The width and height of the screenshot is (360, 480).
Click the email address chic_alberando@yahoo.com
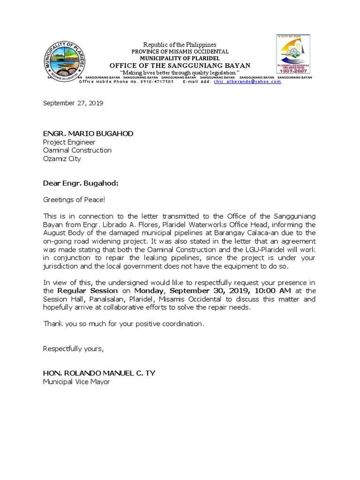(247, 82)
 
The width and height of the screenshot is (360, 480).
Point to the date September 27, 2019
(73, 103)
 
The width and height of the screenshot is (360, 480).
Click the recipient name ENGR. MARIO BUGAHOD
(88, 134)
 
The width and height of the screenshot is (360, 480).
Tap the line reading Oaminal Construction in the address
(77, 150)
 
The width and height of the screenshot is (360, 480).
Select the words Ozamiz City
(62, 159)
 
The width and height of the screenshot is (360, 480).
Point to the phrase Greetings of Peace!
(74, 199)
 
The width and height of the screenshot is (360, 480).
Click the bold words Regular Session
(70, 291)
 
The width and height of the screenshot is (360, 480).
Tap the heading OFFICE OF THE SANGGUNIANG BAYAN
(180, 65)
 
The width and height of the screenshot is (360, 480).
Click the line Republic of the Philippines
(180, 45)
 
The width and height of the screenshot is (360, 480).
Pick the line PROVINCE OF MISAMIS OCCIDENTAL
(180, 51)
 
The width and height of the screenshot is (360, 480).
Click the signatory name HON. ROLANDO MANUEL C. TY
(99, 373)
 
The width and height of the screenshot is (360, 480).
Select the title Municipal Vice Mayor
(76, 382)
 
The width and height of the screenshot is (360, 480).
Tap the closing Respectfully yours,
(73, 349)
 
